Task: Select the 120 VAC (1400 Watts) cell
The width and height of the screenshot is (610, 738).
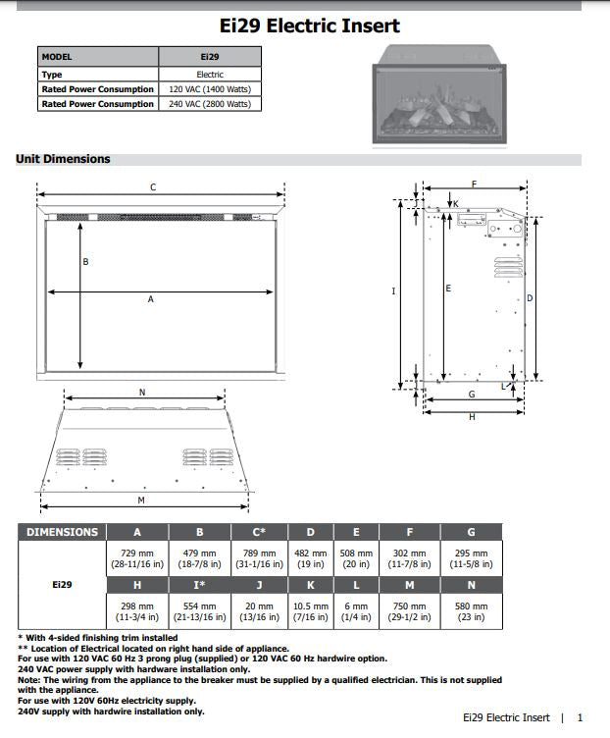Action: point(210,89)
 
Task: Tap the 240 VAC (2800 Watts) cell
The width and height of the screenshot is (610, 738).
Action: point(210,104)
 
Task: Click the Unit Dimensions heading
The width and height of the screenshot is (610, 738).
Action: point(63,159)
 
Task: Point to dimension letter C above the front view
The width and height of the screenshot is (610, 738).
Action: point(152,186)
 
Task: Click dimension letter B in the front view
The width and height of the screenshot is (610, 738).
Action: point(85,262)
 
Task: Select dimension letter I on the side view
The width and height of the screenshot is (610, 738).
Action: point(392,290)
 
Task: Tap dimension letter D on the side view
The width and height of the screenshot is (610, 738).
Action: point(530,297)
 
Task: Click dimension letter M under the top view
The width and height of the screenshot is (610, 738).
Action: point(140,501)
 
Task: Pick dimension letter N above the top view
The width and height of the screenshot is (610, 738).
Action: point(141,393)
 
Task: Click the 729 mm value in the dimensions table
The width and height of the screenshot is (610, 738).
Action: point(136,559)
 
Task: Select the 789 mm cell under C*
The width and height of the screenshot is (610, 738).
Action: point(259,559)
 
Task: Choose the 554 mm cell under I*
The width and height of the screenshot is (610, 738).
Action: point(200,612)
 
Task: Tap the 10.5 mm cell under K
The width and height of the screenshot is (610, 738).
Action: point(311,612)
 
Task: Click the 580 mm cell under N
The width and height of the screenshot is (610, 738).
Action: point(472,612)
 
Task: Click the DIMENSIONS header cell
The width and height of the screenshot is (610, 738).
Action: point(62,532)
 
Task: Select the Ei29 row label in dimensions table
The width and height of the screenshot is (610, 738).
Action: point(62,585)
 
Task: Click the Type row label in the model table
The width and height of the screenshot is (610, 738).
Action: point(52,75)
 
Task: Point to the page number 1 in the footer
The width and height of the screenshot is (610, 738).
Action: point(580,718)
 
